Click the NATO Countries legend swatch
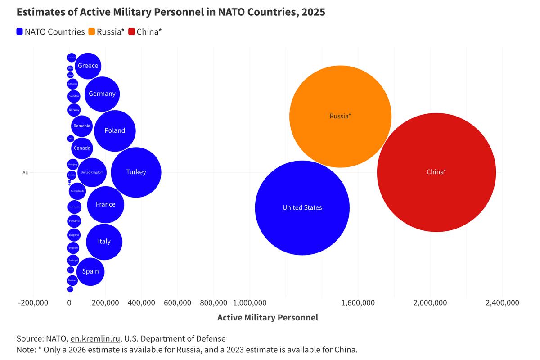coord(20,32)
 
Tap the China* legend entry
coord(145,32)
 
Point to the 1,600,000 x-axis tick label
coord(358,302)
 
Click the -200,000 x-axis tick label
coord(33,302)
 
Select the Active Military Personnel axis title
coord(267,318)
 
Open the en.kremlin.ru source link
coord(95,338)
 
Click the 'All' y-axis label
coord(25,172)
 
